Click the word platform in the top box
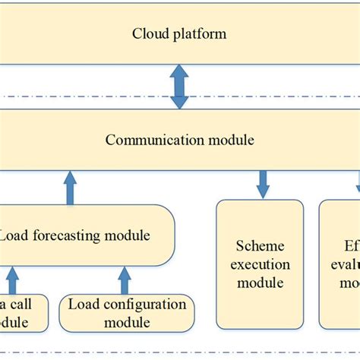pyautogui.click(x=197, y=34)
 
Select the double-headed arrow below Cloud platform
pyautogui.click(x=179, y=86)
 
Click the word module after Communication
pyautogui.click(x=229, y=140)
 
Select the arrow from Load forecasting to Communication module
pyautogui.click(x=70, y=188)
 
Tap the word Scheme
pyautogui.click(x=260, y=246)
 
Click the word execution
pyautogui.click(x=260, y=264)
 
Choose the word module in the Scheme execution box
pyautogui.click(x=260, y=283)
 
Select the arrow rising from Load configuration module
pyautogui.click(x=125, y=280)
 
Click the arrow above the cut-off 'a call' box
pyautogui.click(x=11, y=280)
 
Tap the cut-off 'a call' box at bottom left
pyautogui.click(x=23, y=313)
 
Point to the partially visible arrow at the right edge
pyautogui.click(x=357, y=182)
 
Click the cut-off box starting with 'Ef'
pyautogui.click(x=339, y=264)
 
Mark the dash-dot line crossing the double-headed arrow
pyautogui.click(x=91, y=96)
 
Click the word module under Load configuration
pyautogui.click(x=126, y=323)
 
